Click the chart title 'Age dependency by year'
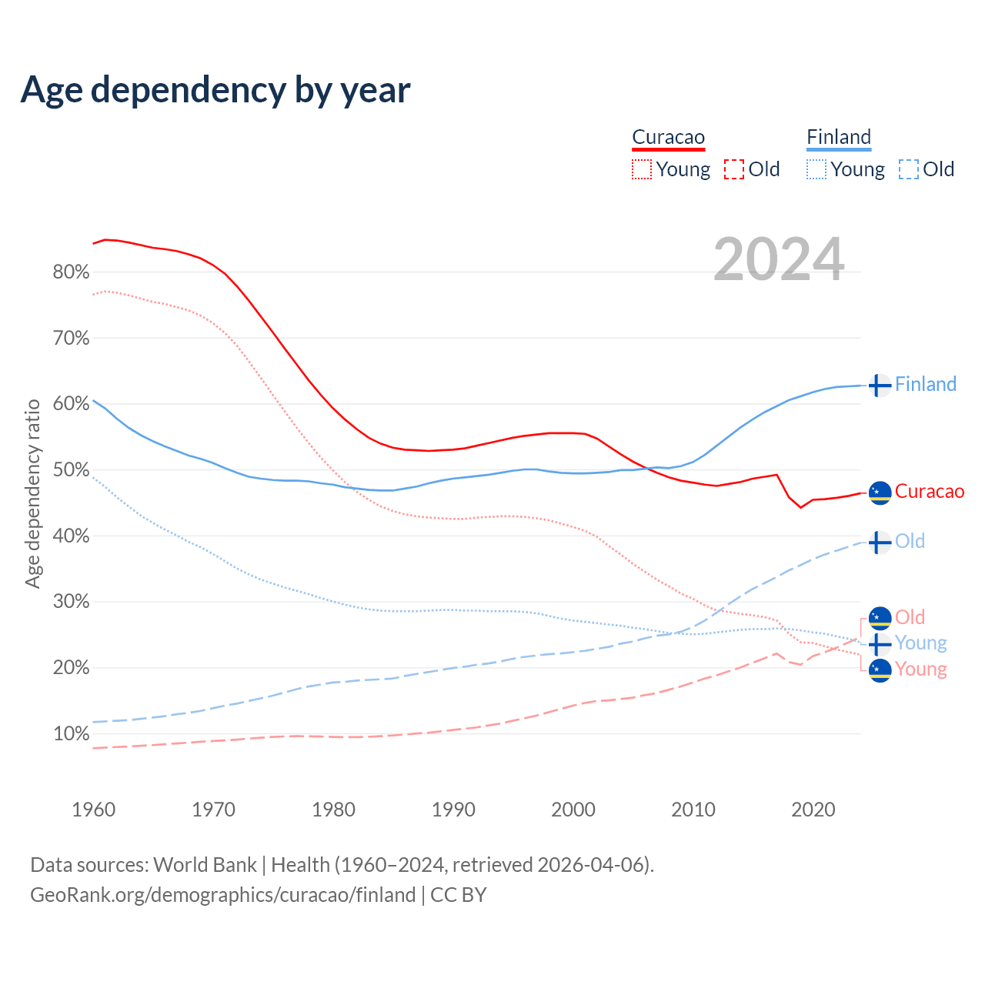point(215,90)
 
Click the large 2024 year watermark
point(779,259)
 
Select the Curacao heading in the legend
point(668,137)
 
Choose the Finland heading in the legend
point(839,137)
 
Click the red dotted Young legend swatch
point(642,169)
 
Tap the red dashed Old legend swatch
point(734,169)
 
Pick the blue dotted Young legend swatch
point(816,169)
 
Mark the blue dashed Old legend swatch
point(909,169)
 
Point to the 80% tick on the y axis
point(71,272)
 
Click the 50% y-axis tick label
point(71,470)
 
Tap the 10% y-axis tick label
point(71,734)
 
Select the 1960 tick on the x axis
point(93,810)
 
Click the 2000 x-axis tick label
point(573,810)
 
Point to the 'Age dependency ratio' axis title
point(32,493)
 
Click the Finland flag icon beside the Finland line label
point(880,385)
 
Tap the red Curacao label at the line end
point(929,492)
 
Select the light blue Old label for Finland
point(910,541)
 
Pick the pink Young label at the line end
point(920,669)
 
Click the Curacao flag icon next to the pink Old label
point(880,617)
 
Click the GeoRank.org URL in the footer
point(222,895)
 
